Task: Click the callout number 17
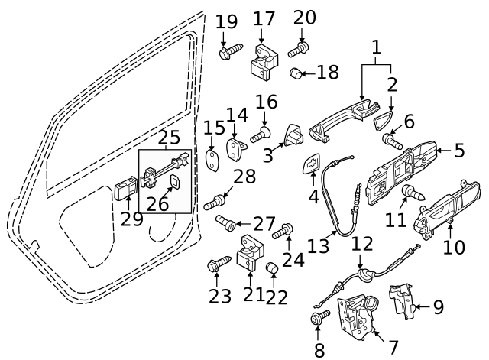tap(264, 18)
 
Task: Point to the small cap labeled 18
tap(298, 73)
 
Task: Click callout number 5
tap(459, 150)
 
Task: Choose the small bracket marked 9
tap(403, 301)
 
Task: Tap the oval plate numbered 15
tap(214, 159)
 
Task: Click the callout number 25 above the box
tap(169, 138)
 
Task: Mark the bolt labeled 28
tap(216, 203)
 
